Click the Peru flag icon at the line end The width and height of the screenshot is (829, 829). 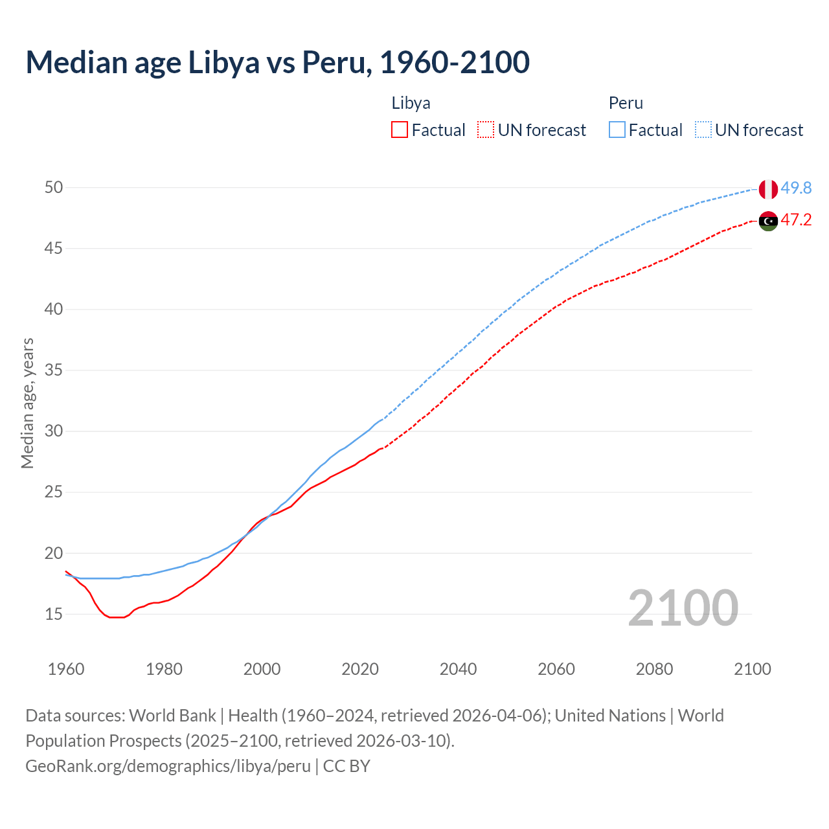[x=768, y=189]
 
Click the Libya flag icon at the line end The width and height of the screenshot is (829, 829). [x=768, y=221]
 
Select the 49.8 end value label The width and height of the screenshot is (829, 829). [x=796, y=188]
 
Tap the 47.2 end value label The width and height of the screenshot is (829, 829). [x=796, y=220]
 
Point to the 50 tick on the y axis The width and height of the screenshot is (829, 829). [x=54, y=187]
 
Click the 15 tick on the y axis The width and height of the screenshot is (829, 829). [x=54, y=614]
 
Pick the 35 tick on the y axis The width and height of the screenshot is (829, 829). [x=54, y=370]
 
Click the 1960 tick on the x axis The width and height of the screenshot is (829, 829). [x=66, y=669]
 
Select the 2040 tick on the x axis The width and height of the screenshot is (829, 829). [x=458, y=669]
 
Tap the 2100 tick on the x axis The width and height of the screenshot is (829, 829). [x=752, y=669]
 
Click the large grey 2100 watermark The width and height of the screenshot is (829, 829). [x=683, y=608]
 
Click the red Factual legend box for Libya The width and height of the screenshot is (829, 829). [x=400, y=130]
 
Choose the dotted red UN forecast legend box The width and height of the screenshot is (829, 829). [x=486, y=130]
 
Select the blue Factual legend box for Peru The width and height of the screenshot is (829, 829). [x=617, y=130]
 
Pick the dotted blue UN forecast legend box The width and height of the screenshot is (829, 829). [x=703, y=130]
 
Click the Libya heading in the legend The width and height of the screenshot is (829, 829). [x=411, y=103]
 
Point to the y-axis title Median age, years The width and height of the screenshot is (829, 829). [x=27, y=403]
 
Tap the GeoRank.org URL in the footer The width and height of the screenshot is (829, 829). [x=168, y=766]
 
